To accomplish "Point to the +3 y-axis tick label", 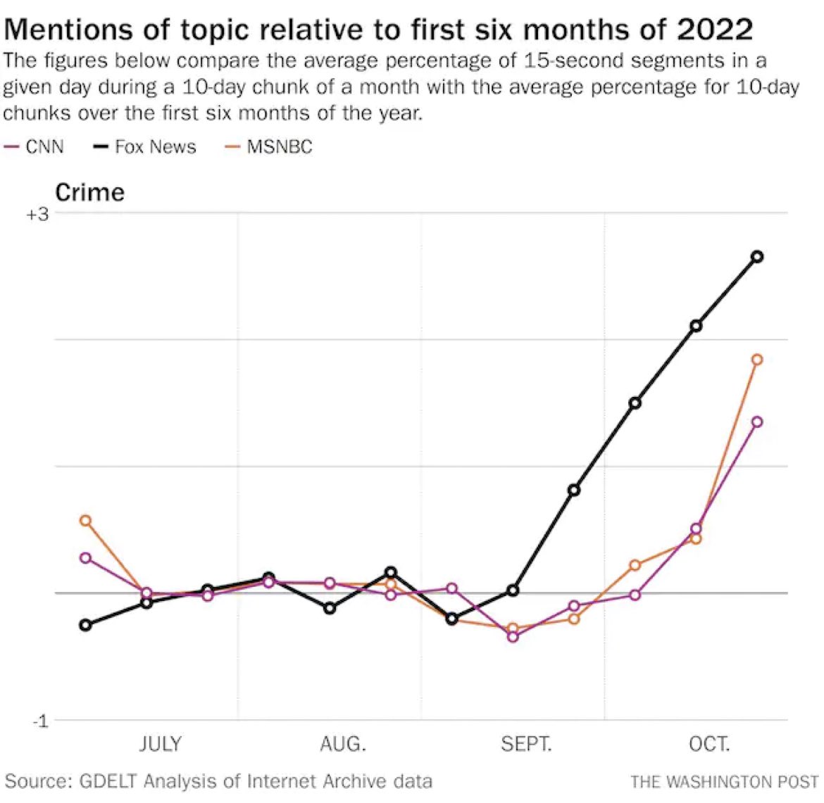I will tap(37, 215).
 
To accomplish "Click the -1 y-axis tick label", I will tap(40, 721).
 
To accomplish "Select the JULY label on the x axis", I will tap(161, 744).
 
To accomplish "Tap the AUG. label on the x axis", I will tap(343, 744).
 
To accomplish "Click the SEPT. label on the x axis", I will tap(526, 744).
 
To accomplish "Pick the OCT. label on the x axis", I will tap(709, 744).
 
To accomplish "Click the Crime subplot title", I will tap(89, 192).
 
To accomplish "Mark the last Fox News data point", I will tap(757, 257).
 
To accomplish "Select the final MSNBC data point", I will tap(757, 360).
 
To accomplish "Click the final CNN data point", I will tap(757, 422).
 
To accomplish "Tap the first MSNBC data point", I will tap(85, 521).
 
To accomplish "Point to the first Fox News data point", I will tap(85, 625).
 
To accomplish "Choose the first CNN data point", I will tap(85, 558).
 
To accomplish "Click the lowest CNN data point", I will tap(513, 637).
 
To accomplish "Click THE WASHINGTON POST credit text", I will tap(724, 781).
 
